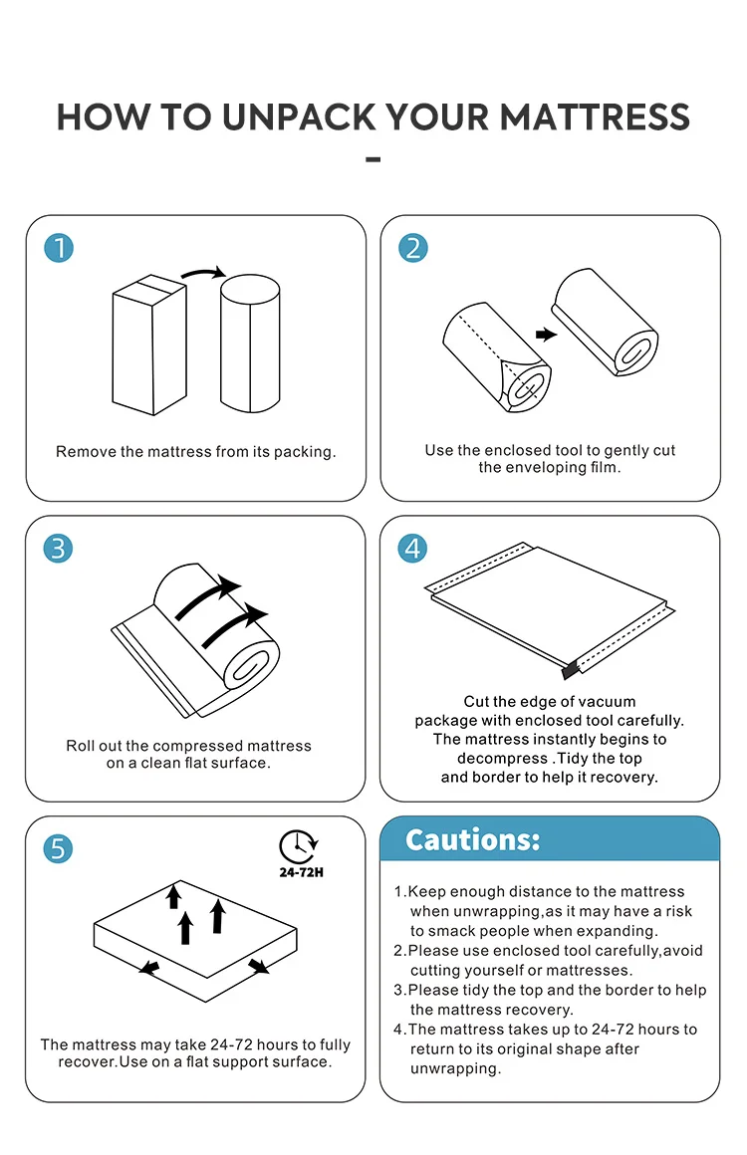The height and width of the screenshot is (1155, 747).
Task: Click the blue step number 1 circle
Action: pyautogui.click(x=59, y=248)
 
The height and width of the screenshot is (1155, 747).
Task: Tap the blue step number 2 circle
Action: pyautogui.click(x=413, y=248)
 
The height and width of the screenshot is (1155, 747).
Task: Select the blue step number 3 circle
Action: pyautogui.click(x=58, y=548)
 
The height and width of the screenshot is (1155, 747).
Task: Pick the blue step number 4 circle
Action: pyautogui.click(x=412, y=548)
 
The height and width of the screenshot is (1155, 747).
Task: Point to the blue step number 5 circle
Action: pyautogui.click(x=58, y=848)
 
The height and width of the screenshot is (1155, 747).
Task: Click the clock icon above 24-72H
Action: pyautogui.click(x=298, y=845)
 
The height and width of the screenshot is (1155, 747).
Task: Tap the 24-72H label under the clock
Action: pyautogui.click(x=302, y=872)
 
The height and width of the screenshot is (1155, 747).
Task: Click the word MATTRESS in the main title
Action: pyautogui.click(x=595, y=117)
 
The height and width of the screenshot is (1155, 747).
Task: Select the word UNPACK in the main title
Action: pyautogui.click(x=299, y=117)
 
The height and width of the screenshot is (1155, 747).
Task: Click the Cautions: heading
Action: pyautogui.click(x=473, y=839)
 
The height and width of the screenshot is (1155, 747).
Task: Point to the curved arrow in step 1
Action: pyautogui.click(x=203, y=273)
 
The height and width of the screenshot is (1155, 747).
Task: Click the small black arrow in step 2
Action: pyautogui.click(x=546, y=335)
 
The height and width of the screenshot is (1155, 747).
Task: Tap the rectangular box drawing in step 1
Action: pyautogui.click(x=149, y=345)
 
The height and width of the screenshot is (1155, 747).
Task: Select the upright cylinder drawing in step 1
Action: pyautogui.click(x=250, y=344)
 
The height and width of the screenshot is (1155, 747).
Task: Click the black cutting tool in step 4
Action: pyautogui.click(x=570, y=669)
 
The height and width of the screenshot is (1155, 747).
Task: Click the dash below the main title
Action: pyautogui.click(x=373, y=159)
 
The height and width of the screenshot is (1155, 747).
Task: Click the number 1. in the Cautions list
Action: pyautogui.click(x=400, y=891)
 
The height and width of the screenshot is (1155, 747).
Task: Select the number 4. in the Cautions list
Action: pyautogui.click(x=400, y=1029)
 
